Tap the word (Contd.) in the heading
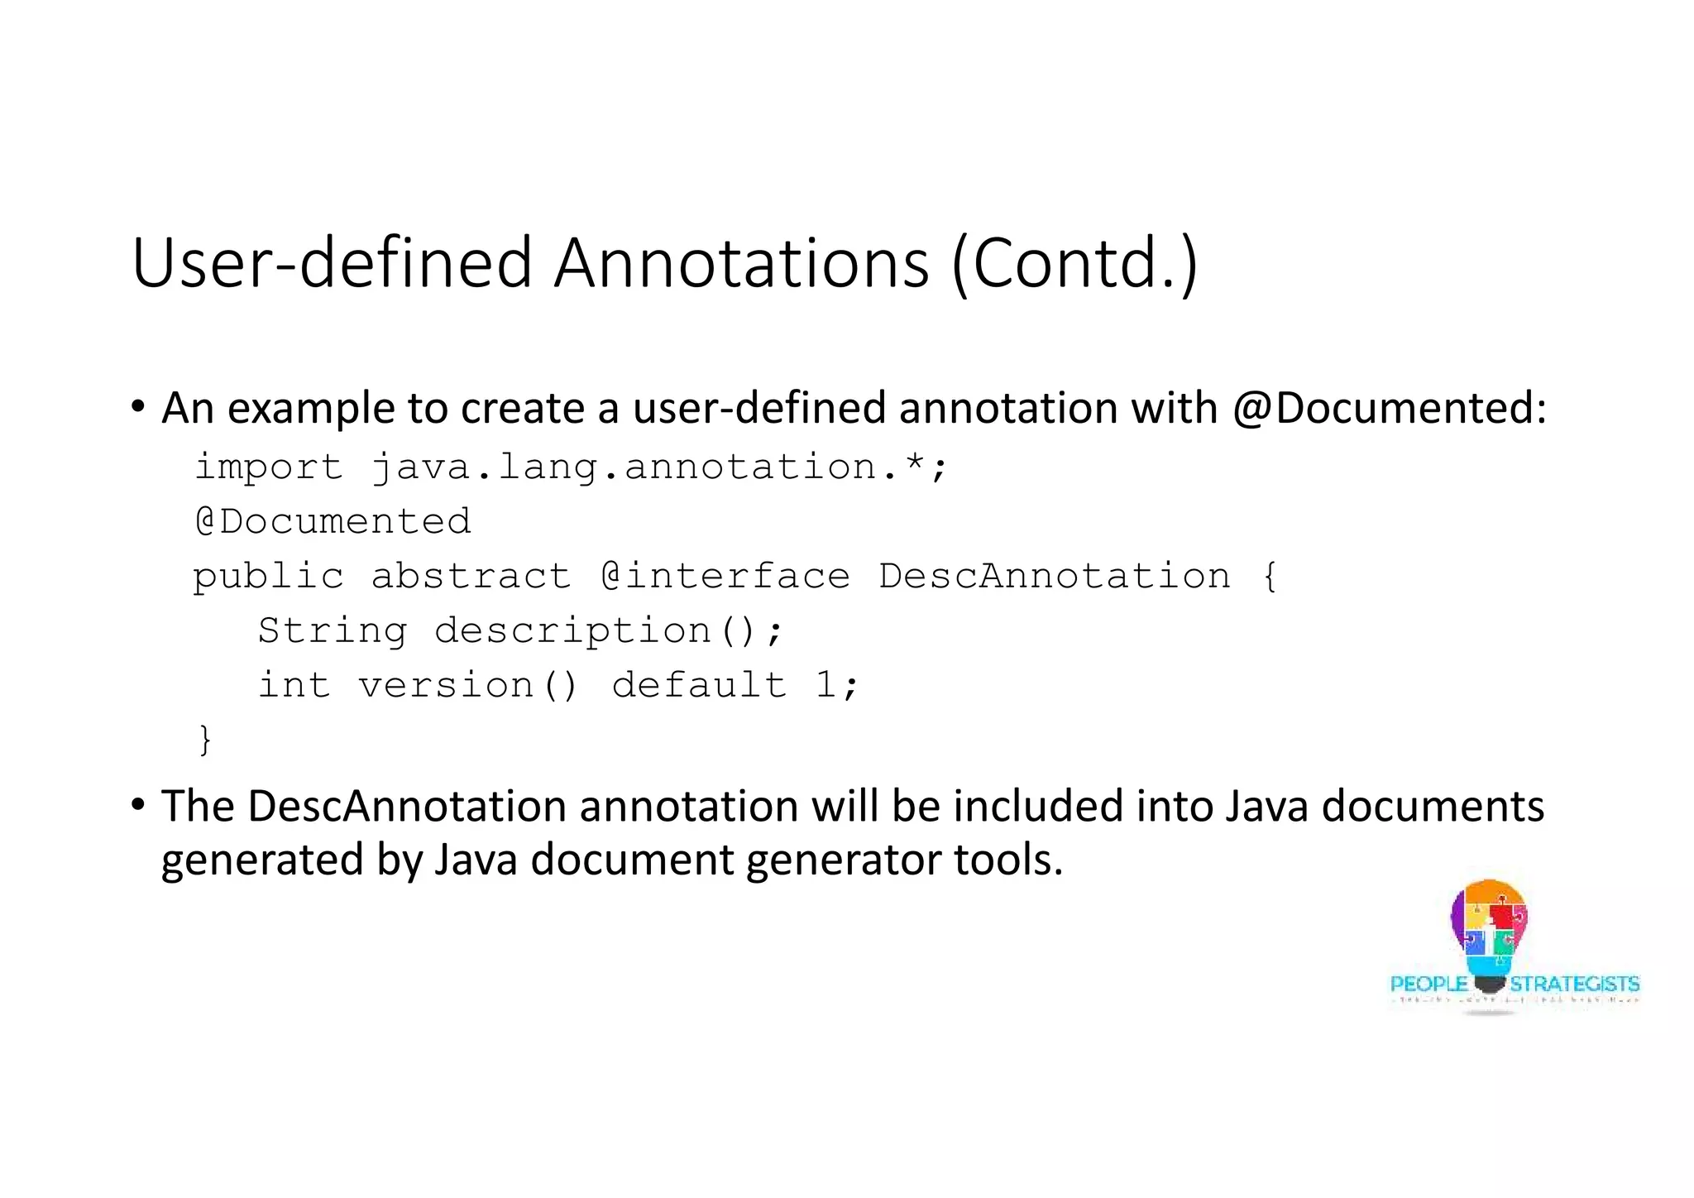pos(1074,263)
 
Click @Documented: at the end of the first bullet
pos(1389,408)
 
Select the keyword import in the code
pos(268,467)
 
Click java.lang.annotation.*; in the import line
pos(658,467)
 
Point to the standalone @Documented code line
pos(333,521)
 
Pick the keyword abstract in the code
pos(471,576)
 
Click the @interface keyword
pos(725,576)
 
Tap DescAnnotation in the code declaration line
pos(1055,576)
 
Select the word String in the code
pos(333,630)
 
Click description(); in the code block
pos(608,630)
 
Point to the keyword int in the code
pos(294,685)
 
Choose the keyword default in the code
pos(699,685)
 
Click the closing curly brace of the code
pos(205,739)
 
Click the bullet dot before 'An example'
pos(137,407)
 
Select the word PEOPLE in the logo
pos(1428,984)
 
